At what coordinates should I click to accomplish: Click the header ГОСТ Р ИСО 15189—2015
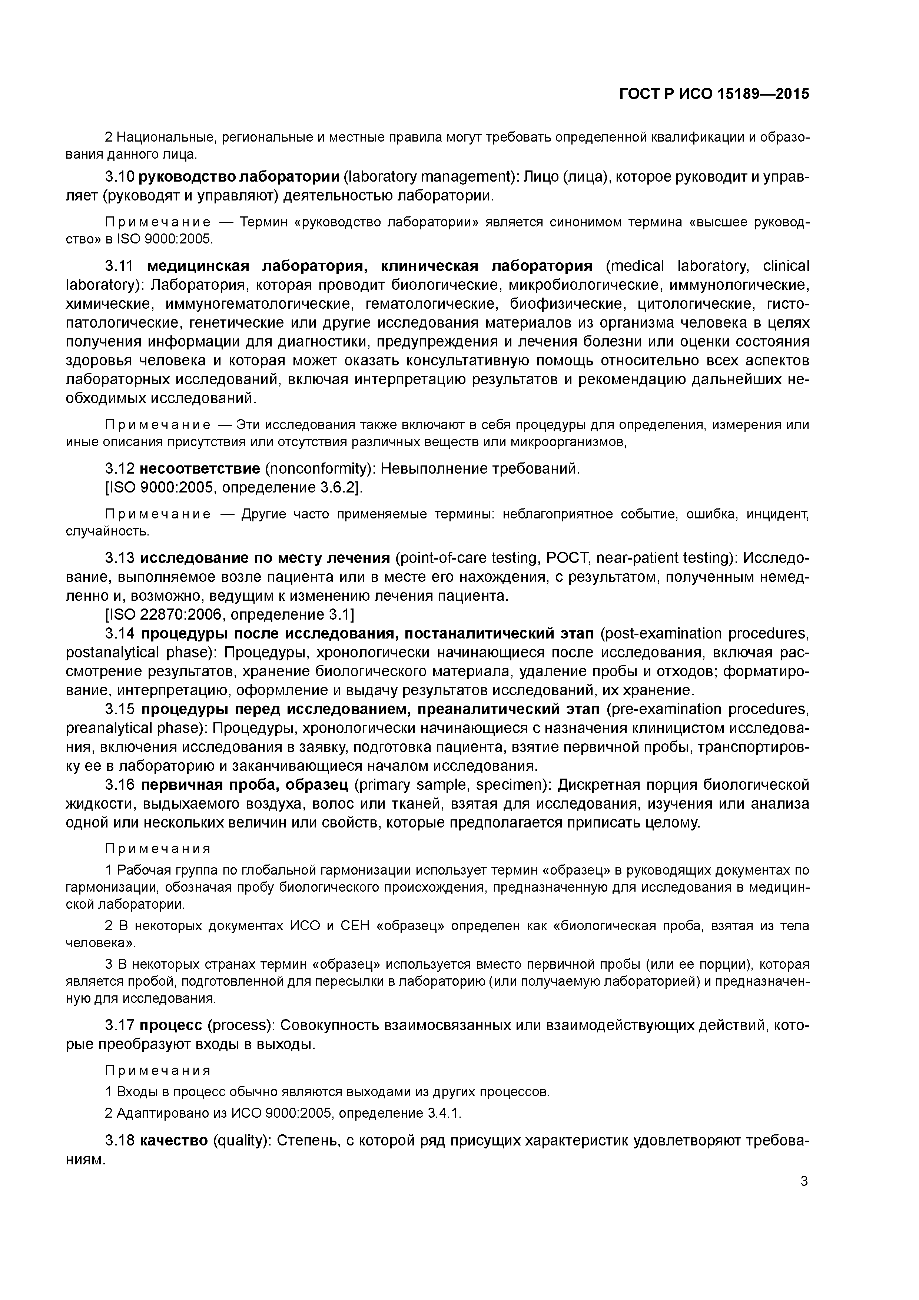coord(714,93)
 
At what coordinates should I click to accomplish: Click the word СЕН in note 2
coord(355,926)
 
